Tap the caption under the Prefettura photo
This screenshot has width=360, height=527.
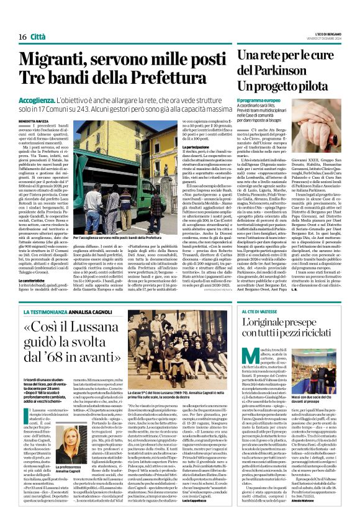tap(118, 238)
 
